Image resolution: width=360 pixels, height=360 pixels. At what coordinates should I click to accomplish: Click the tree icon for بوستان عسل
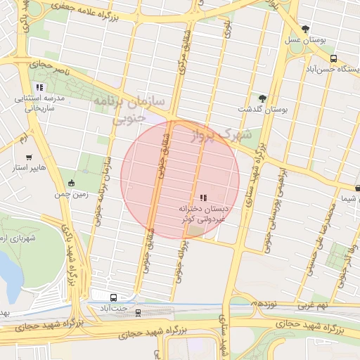click(305, 29)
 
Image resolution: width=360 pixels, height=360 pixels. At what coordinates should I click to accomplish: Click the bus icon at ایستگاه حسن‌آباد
click(333, 59)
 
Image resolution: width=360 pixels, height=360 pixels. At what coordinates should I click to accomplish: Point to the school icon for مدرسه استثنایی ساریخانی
click(39, 88)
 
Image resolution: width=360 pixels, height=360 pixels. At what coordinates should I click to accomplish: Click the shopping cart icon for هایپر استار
click(29, 157)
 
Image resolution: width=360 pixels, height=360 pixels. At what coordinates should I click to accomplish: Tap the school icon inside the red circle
click(203, 198)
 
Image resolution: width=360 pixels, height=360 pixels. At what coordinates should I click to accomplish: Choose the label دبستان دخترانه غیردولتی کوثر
click(203, 214)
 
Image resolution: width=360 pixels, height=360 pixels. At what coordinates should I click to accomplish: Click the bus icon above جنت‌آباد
click(114, 297)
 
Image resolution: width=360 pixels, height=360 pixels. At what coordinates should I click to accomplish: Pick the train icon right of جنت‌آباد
click(138, 313)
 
